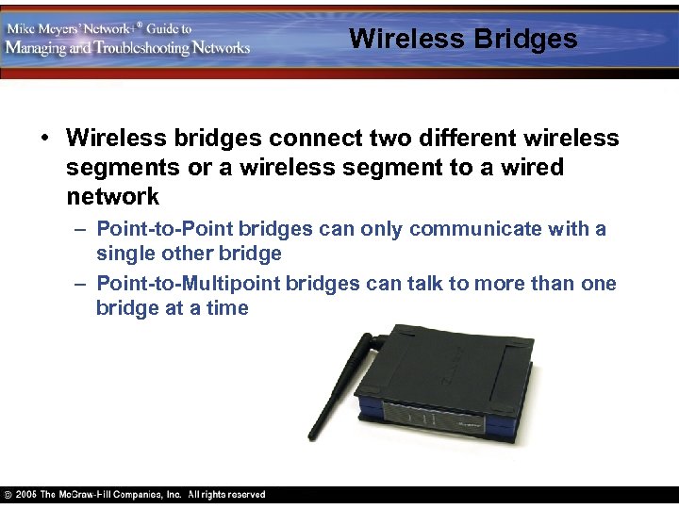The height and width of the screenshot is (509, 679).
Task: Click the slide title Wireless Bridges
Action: click(x=462, y=39)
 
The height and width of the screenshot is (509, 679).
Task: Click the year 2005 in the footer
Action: click(x=26, y=495)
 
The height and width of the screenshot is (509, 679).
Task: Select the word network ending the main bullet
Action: click(x=112, y=197)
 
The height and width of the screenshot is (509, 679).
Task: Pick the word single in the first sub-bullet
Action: click(x=125, y=254)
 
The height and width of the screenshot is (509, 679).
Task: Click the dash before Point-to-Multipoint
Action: click(x=82, y=284)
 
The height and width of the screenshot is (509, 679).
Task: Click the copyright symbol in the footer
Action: click(x=8, y=495)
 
